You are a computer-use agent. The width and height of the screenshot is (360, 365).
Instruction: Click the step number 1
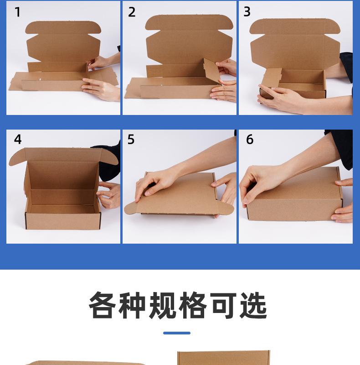click(x=18, y=12)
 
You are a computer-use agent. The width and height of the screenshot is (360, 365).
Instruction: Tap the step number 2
click(x=132, y=12)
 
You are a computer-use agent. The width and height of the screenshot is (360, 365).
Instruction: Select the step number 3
click(x=247, y=12)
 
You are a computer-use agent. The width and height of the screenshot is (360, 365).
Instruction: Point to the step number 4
click(x=18, y=139)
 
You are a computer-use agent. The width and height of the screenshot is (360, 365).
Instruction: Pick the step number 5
click(x=131, y=139)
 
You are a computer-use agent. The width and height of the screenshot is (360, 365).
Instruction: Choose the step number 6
click(x=250, y=139)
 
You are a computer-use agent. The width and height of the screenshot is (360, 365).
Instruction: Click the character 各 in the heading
click(x=103, y=305)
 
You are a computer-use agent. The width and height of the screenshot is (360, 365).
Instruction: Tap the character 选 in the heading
click(x=253, y=305)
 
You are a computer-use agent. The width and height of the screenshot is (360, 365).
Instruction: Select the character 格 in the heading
click(x=193, y=305)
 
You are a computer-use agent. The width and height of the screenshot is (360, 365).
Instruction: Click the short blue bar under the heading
click(x=177, y=333)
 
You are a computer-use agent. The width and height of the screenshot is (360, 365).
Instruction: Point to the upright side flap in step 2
click(x=211, y=70)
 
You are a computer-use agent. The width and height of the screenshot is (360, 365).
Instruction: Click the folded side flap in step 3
click(x=272, y=78)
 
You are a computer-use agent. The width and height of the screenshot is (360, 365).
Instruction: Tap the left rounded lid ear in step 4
click(x=17, y=157)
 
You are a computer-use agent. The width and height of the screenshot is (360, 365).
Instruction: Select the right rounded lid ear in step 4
click(x=109, y=157)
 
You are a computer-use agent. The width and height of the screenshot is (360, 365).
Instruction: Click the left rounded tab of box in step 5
click(x=131, y=208)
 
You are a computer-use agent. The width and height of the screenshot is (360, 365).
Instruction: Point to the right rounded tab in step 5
click(x=226, y=208)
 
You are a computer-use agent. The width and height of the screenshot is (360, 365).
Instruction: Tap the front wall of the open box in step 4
click(x=63, y=221)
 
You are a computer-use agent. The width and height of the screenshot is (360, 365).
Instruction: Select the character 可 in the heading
click(x=223, y=305)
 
